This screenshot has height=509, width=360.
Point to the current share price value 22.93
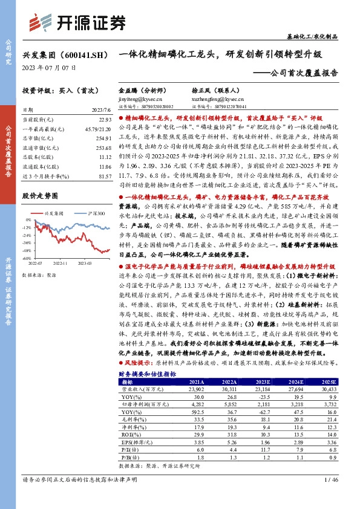[x=105, y=122]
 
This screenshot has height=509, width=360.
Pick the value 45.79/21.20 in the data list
[x=98, y=129]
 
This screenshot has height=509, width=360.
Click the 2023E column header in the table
[x=263, y=382]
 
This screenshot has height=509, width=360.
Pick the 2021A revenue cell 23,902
[x=197, y=390]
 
